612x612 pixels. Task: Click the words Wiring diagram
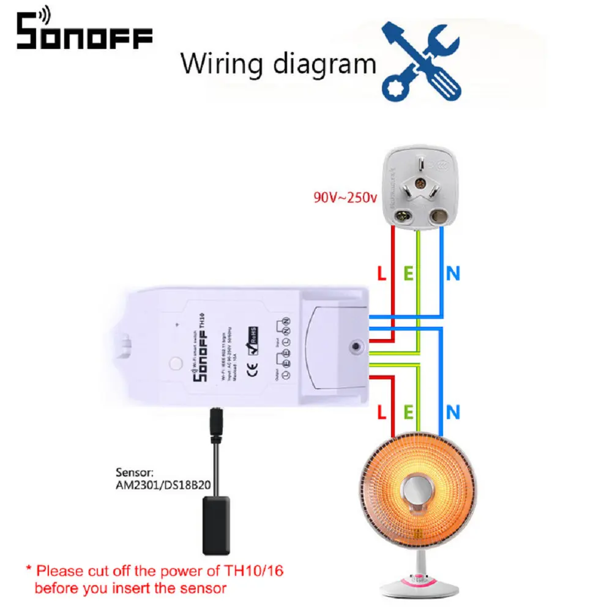pyautogui.click(x=278, y=63)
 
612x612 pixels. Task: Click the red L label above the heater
pyautogui.click(x=382, y=412)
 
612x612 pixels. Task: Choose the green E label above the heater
pyautogui.click(x=408, y=412)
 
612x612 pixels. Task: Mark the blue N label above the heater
pyautogui.click(x=453, y=412)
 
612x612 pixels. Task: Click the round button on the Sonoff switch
pyautogui.click(x=176, y=362)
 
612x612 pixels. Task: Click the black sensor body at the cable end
pyautogui.click(x=215, y=524)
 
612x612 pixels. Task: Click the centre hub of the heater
pyautogui.click(x=418, y=493)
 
